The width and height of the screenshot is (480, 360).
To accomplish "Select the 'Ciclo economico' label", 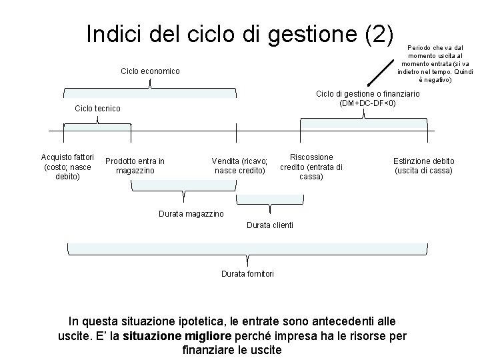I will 150,71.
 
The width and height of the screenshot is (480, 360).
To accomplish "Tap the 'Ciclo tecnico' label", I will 98,108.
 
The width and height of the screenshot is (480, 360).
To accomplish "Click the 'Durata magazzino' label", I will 191,213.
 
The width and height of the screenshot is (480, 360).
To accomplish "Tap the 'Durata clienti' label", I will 269,225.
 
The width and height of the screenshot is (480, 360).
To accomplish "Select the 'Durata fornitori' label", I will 247,273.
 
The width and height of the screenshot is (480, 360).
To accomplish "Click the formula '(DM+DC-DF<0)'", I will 367,103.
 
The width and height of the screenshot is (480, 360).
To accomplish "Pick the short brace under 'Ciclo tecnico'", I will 97,121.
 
